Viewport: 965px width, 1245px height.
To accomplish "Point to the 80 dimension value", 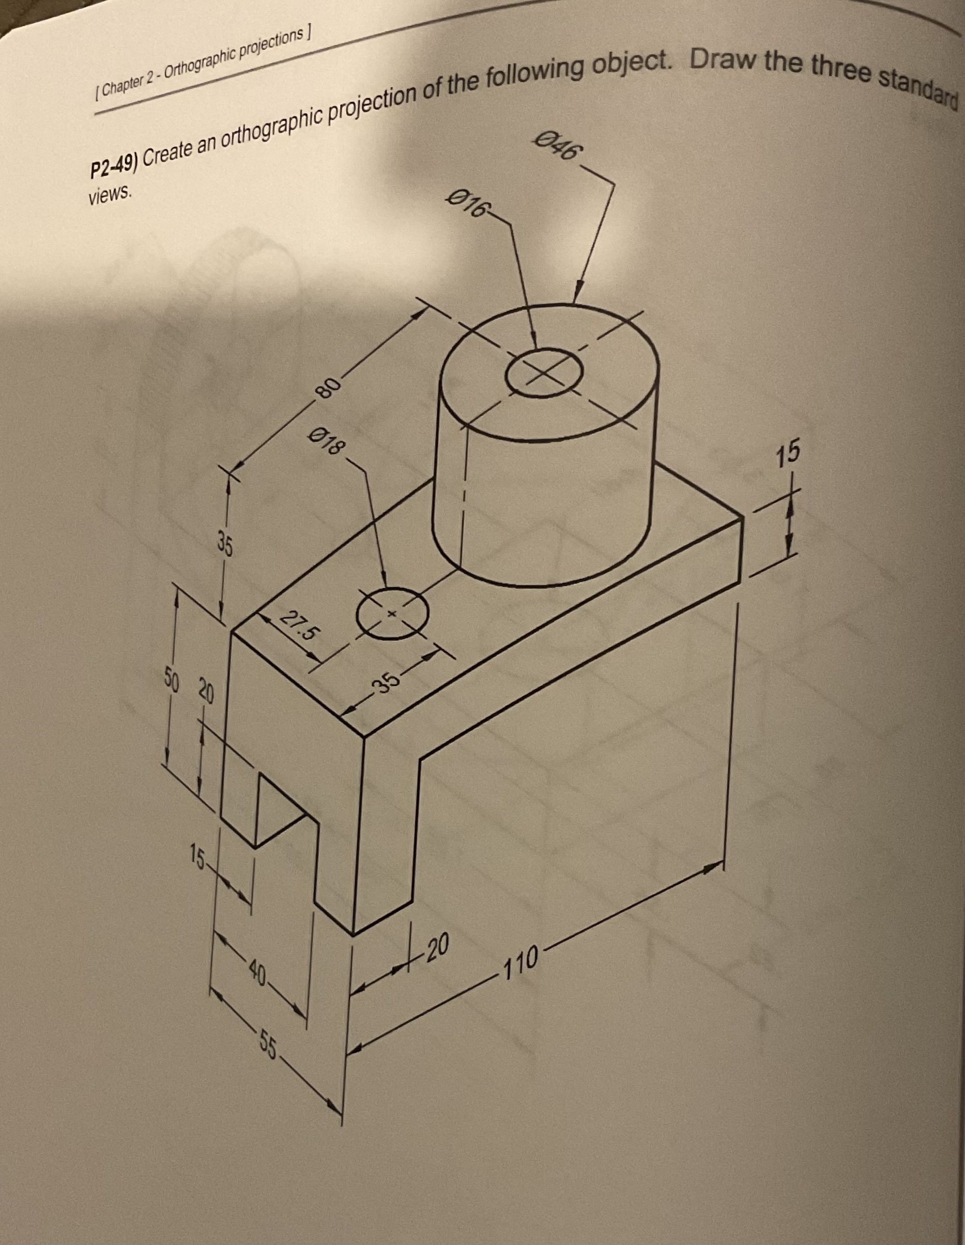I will pyautogui.click(x=328, y=387).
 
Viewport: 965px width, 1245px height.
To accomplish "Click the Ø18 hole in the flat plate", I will pyautogui.click(x=392, y=613).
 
